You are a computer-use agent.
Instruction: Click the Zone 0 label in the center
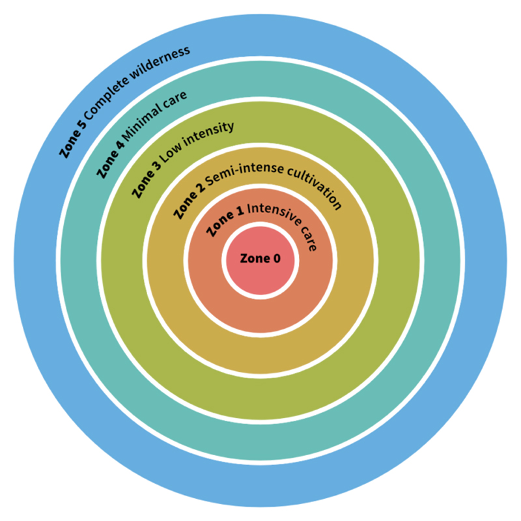pos(260,259)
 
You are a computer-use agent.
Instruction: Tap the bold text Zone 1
pos(225,221)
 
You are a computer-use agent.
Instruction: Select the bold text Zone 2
pos(188,199)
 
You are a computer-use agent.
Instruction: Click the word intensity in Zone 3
pos(209,133)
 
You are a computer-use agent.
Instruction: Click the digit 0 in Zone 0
pos(277,259)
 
